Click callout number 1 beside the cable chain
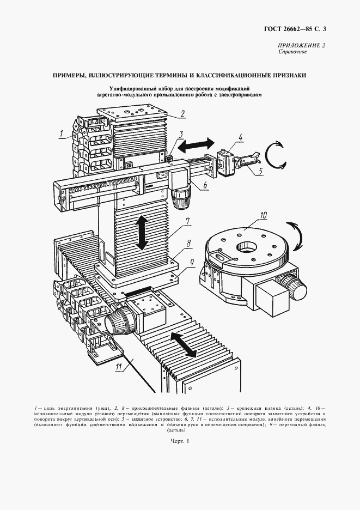coord(62,131)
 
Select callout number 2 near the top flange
coord(183,114)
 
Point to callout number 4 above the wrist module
coord(241,137)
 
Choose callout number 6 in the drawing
coord(204,185)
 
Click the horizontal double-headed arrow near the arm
coord(197,144)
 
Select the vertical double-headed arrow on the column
coord(142,233)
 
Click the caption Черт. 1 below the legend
coord(179,442)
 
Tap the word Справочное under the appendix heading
coord(293,52)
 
